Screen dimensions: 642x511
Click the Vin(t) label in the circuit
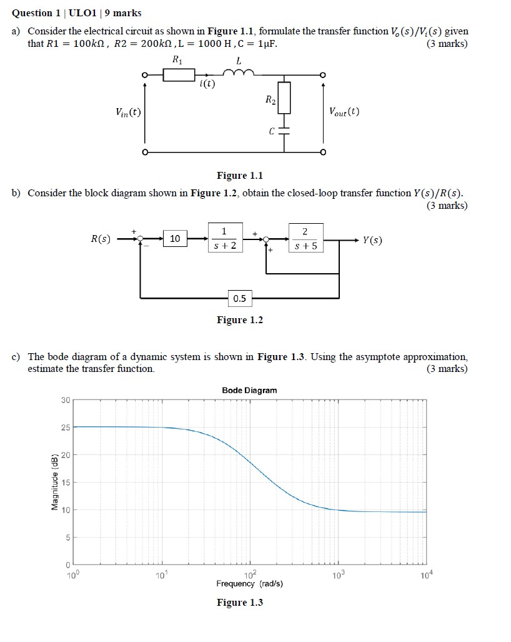pos(128,112)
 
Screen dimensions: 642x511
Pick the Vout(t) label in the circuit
pos(344,112)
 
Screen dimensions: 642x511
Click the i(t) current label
pos(207,86)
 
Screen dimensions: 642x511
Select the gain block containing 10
pos(175,238)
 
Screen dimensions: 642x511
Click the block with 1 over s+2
pos(224,238)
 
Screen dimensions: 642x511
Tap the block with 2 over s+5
pos(305,238)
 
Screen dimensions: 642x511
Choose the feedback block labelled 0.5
pos(240,298)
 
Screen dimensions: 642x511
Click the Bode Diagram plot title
pos(249,390)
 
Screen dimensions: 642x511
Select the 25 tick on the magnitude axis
pos(66,428)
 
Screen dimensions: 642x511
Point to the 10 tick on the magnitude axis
pos(66,510)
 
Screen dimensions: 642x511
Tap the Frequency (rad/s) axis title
pos(249,584)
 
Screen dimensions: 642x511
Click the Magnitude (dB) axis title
pos(55,482)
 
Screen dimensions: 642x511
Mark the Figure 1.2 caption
pos(240,320)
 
